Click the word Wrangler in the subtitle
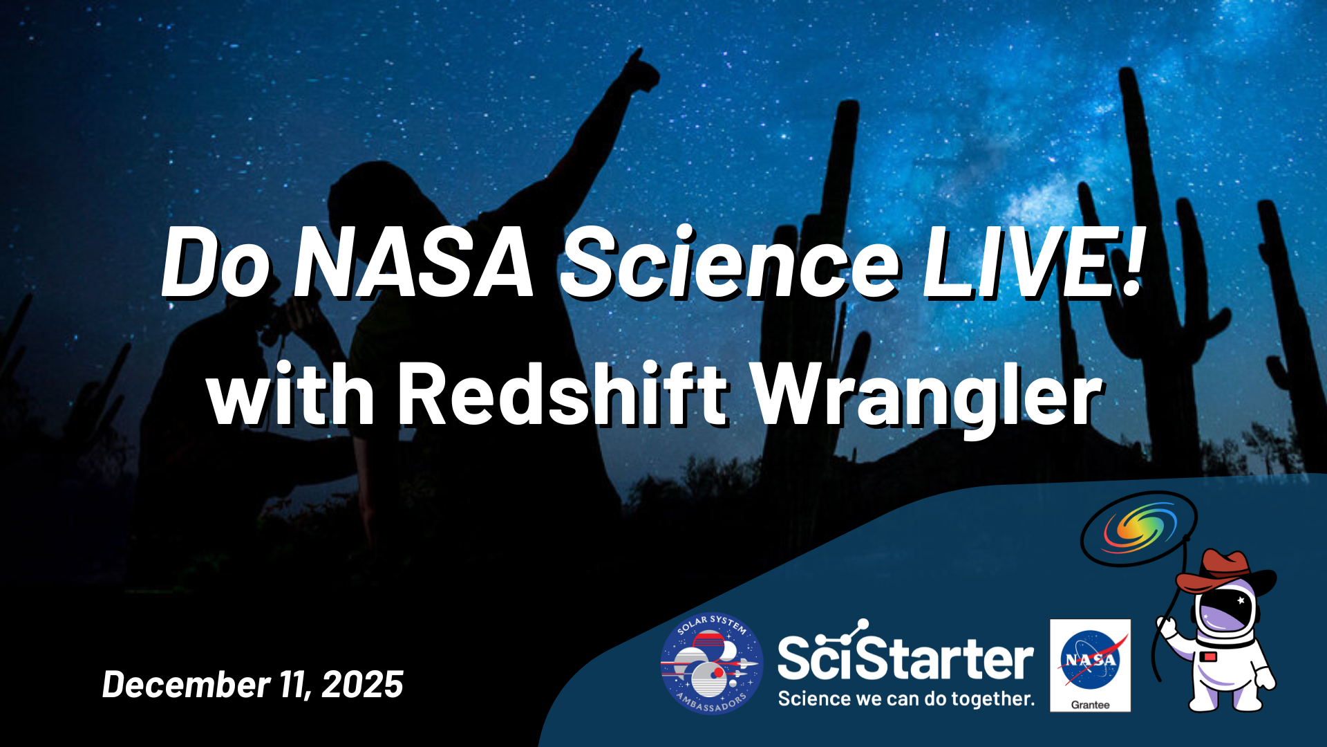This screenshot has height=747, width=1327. tap(927, 398)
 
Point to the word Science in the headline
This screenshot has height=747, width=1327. tap(730, 264)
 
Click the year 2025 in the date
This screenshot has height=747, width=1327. tap(363, 685)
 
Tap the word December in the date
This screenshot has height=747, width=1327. tap(186, 685)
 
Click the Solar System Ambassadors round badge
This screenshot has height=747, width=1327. tap(711, 664)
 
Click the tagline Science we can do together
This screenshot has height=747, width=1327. tap(906, 699)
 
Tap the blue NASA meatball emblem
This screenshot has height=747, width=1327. tap(1090, 658)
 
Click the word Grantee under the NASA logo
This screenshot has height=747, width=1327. tap(1090, 705)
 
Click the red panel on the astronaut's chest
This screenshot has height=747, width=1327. tap(1210, 656)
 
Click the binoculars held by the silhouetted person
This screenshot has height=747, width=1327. tap(276, 325)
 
